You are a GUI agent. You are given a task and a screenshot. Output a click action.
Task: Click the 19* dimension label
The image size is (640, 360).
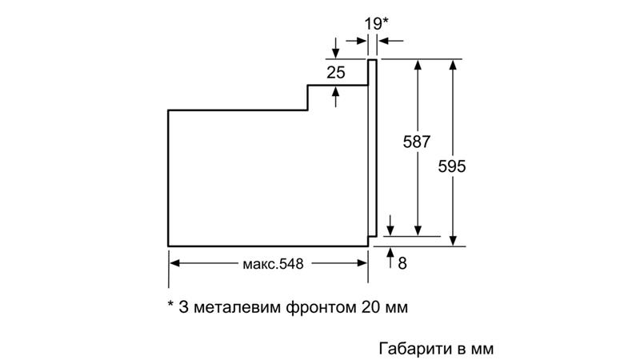376,24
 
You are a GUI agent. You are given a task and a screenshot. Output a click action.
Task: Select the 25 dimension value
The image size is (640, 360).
336,73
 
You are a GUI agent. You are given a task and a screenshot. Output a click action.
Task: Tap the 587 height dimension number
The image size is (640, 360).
416,142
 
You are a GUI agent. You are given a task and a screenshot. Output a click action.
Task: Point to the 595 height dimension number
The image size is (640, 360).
452,166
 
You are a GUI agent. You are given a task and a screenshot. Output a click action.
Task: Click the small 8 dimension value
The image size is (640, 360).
402,263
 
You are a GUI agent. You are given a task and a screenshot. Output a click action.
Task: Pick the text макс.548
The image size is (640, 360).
273,264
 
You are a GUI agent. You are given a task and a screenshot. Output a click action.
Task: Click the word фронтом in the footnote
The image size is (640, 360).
321,307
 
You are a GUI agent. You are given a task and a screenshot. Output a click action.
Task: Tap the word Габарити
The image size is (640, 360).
416,349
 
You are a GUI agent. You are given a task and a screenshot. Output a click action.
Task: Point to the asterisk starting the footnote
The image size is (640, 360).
170,304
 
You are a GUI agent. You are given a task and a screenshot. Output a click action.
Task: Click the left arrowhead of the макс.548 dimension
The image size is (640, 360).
174,263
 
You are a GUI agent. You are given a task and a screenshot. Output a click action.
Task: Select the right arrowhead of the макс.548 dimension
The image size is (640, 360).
362,263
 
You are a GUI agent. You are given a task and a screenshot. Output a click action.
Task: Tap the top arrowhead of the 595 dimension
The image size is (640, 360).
453,65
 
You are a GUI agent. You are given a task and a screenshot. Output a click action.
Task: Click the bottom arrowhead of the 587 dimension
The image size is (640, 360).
418,231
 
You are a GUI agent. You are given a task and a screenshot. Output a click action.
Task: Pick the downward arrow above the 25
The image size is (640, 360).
335,48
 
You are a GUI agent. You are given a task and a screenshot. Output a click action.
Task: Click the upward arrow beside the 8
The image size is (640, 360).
390,258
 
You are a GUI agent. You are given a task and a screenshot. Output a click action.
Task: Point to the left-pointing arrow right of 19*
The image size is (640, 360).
390,41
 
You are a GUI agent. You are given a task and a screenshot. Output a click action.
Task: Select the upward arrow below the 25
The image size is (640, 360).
335,97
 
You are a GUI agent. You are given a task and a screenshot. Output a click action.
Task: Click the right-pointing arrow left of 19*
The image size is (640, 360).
356,41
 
